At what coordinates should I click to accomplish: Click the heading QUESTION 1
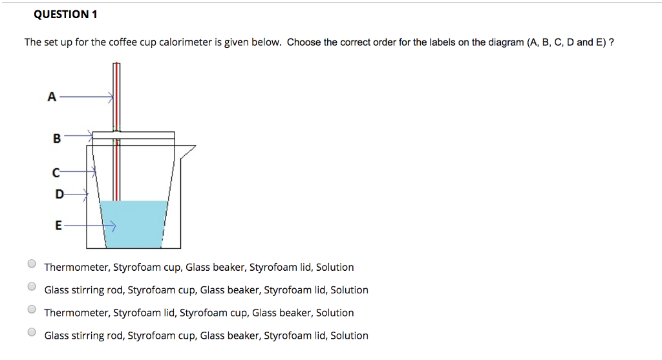pyautogui.click(x=61, y=14)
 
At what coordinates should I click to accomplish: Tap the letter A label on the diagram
pyautogui.click(x=52, y=97)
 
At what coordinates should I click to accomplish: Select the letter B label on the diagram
pyautogui.click(x=56, y=138)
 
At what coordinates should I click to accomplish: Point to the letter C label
pyautogui.click(x=56, y=172)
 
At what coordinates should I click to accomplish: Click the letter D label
pyautogui.click(x=59, y=193)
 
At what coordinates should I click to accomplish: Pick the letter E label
pyautogui.click(x=58, y=226)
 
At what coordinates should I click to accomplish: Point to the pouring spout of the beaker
pyautogui.click(x=188, y=151)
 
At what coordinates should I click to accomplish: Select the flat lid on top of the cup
pyautogui.click(x=133, y=135)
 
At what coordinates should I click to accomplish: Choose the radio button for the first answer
pyautogui.click(x=32, y=264)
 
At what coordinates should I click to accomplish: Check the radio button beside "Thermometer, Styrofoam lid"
pyautogui.click(x=32, y=309)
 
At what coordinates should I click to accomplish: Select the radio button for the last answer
pyautogui.click(x=32, y=332)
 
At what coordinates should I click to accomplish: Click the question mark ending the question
pyautogui.click(x=611, y=43)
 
